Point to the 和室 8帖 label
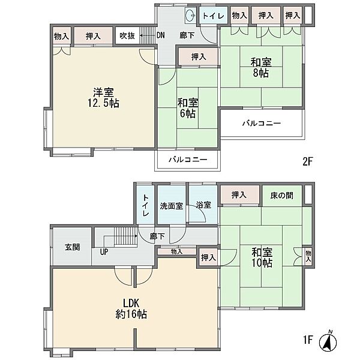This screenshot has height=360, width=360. (260, 67)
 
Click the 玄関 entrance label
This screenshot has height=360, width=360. (72, 247)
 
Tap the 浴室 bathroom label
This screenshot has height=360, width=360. (203, 205)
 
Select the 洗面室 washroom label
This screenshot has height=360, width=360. (171, 205)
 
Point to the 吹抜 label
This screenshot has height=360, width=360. (127, 35)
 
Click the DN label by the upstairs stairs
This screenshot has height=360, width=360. (160, 35)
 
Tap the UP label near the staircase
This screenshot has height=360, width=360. (104, 253)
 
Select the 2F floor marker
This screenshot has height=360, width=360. (308, 161)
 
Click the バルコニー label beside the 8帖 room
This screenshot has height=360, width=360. (262, 124)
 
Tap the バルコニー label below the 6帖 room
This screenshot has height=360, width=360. (188, 160)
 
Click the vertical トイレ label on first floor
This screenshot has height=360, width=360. (145, 205)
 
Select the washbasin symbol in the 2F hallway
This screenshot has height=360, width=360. (190, 16)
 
